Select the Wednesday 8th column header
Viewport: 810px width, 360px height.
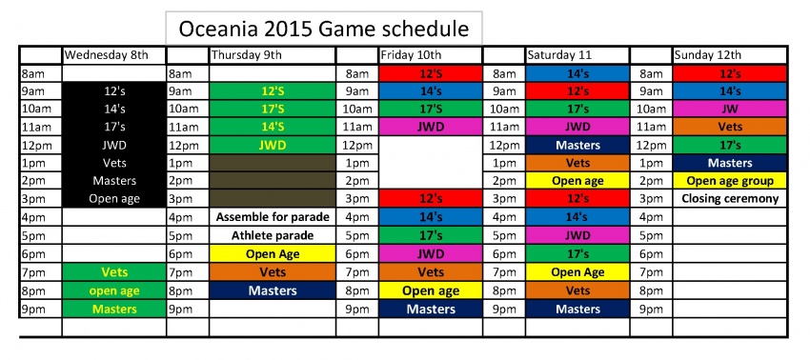114,55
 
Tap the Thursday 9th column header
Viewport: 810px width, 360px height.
272,55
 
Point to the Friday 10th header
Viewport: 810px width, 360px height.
431,55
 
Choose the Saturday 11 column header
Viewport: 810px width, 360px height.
577,55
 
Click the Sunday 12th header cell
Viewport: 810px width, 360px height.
730,55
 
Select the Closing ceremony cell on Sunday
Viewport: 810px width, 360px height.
730,199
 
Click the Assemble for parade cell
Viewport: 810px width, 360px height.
273,217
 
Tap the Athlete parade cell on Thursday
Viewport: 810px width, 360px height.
273,235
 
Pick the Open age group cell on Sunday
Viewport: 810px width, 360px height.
730,181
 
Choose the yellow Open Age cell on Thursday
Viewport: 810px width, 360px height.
273,253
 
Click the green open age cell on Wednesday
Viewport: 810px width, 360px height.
114,290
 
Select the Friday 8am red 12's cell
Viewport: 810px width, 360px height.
431,73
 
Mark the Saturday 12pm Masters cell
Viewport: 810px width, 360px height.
577,146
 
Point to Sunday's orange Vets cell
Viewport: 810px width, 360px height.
730,127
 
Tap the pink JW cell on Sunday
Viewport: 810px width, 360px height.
730,109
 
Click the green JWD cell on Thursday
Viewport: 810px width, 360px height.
273,146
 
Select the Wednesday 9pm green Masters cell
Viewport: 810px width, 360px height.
114,309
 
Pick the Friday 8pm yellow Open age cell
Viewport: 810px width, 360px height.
431,290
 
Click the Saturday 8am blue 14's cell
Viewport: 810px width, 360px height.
577,73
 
